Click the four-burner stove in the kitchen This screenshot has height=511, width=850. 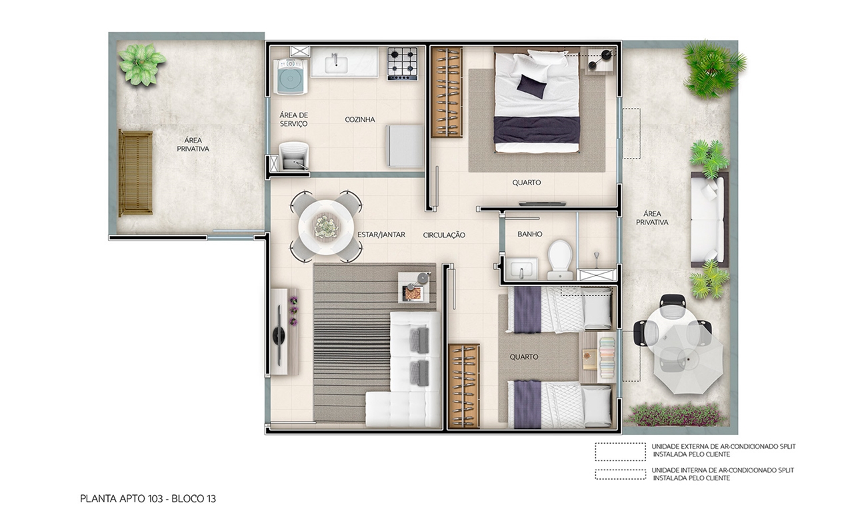pos(403,63)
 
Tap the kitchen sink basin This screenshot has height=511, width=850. pos(336,64)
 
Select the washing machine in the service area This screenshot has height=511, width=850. pos(291,76)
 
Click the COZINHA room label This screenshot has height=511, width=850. pos(360,120)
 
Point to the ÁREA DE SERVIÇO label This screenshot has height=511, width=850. pos(293,119)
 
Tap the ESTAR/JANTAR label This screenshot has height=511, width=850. pos(381,235)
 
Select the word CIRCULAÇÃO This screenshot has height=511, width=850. pos(444,235)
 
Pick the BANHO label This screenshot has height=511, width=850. pos(529,235)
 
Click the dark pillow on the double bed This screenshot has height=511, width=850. pos(532,86)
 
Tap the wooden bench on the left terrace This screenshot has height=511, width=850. pos(135,173)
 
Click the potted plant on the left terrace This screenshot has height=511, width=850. pos(141,63)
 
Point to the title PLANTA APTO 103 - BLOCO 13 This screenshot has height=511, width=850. pos(148,498)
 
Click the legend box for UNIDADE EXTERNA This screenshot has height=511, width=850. pos(620,451)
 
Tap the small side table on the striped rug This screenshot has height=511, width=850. pos(415,287)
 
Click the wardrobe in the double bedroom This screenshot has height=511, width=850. pos(446,92)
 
